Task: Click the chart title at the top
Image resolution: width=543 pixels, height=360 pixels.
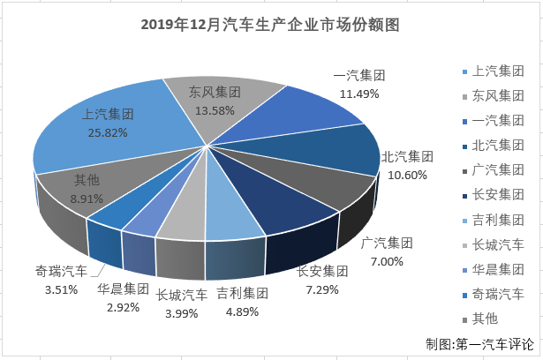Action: (270, 25)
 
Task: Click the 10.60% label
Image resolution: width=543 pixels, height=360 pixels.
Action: (405, 175)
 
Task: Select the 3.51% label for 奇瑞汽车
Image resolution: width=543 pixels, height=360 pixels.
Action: (59, 284)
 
